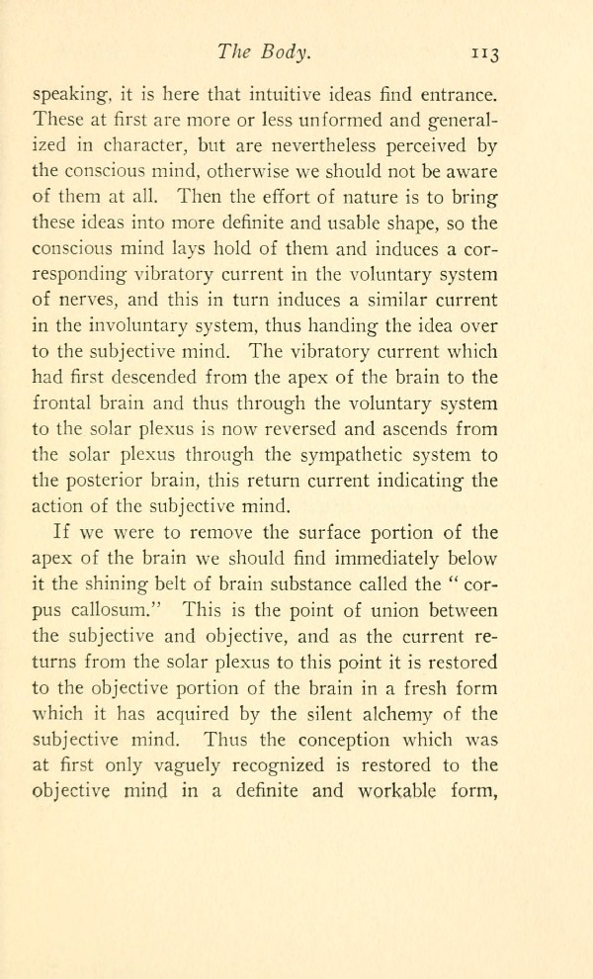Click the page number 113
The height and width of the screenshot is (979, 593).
[488, 56]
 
